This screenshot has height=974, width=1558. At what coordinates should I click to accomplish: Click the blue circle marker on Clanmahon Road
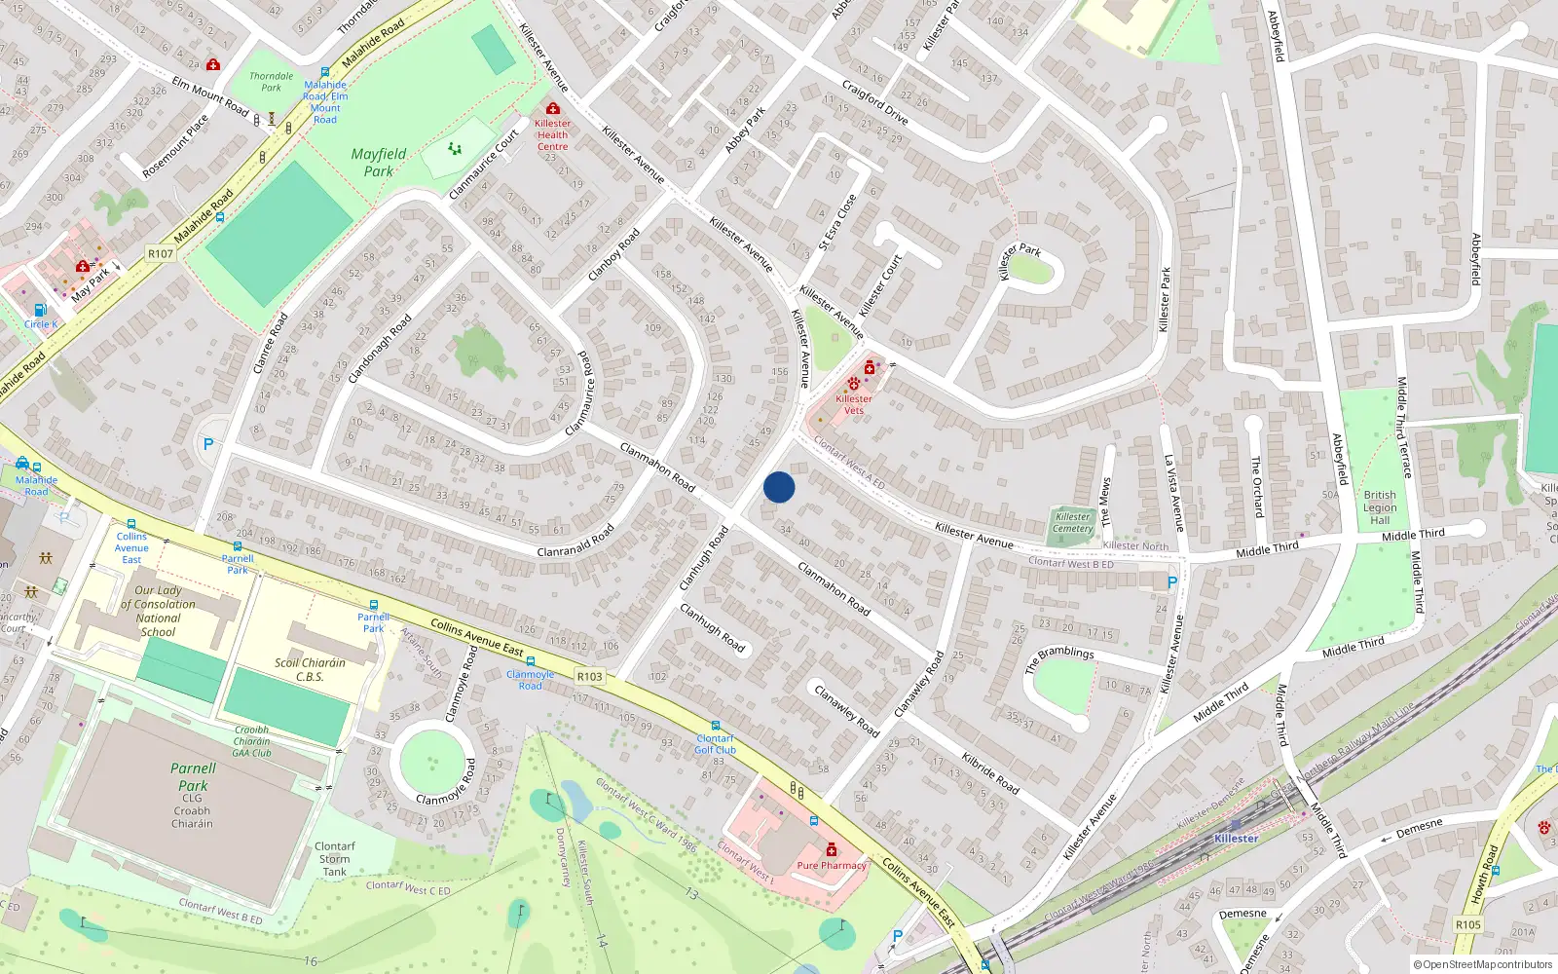[x=779, y=487]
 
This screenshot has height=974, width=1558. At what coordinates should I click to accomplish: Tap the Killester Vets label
[x=853, y=404]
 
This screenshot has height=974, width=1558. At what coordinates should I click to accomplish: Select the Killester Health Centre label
[x=552, y=134]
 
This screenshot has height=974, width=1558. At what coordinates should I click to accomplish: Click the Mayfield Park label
[x=379, y=163]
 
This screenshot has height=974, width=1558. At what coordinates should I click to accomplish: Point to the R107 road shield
[x=161, y=254]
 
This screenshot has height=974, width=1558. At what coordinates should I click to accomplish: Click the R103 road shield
[x=589, y=676]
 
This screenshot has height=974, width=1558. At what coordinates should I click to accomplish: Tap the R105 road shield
[x=1467, y=924]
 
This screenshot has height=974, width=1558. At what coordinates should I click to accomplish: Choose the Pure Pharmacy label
[x=832, y=865]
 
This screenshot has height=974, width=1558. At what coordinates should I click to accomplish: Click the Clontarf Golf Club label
[x=716, y=744]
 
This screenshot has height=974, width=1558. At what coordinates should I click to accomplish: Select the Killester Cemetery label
[x=1072, y=523]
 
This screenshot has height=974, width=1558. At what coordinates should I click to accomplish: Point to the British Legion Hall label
[x=1380, y=507]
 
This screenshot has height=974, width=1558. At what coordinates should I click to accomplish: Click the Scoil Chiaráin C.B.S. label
[x=310, y=669]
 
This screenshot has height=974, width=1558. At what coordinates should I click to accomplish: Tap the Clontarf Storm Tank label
[x=334, y=859]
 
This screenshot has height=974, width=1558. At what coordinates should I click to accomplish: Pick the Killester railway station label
[x=1236, y=839]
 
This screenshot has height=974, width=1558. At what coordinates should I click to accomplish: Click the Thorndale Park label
[x=271, y=82]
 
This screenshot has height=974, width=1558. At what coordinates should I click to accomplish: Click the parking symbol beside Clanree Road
[x=207, y=444]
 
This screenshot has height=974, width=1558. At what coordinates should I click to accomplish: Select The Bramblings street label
[x=1059, y=659]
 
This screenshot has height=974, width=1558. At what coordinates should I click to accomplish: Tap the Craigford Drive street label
[x=874, y=103]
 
